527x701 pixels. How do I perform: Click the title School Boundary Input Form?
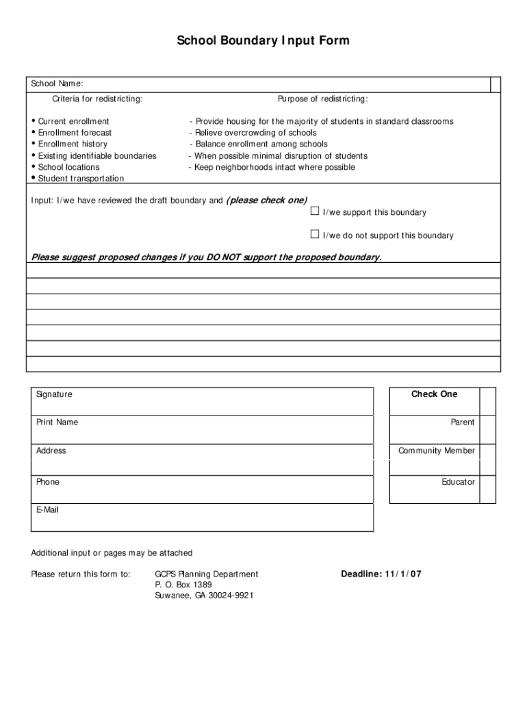(x=263, y=41)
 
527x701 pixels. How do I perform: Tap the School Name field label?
(x=57, y=84)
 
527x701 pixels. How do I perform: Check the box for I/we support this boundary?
(x=315, y=211)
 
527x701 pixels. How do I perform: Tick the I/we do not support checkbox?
(x=315, y=234)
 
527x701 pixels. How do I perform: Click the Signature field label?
(x=54, y=394)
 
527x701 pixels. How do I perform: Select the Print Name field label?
(x=57, y=422)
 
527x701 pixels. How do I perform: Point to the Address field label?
(x=51, y=451)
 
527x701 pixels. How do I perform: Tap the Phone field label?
(x=48, y=482)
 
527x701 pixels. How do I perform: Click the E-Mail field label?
(x=48, y=510)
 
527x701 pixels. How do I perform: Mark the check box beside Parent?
(x=488, y=422)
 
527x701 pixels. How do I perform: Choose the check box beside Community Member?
(x=488, y=451)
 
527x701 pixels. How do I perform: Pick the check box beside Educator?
(x=488, y=482)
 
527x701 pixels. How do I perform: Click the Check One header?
(x=434, y=394)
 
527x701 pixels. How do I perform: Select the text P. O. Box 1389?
(x=183, y=585)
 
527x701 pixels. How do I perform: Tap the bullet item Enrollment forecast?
(x=75, y=133)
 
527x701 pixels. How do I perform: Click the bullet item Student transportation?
(x=81, y=179)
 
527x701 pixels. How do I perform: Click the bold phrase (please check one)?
(x=266, y=200)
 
